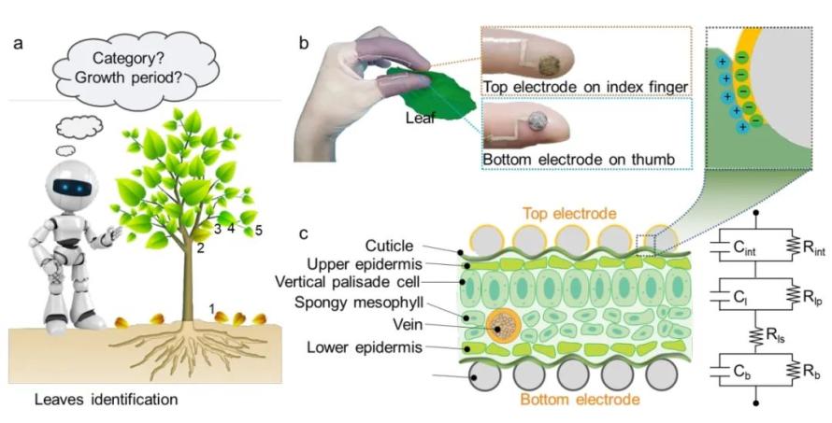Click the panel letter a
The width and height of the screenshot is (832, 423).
tap(19, 43)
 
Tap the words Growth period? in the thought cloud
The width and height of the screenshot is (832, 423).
tap(128, 78)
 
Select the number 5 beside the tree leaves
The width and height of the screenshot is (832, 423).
tap(258, 230)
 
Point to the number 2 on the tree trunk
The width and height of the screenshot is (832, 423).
tap(201, 247)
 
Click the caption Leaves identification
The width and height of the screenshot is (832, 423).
tap(107, 399)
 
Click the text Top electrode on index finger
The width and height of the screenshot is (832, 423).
tap(584, 87)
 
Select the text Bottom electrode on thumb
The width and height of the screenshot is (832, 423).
tap(579, 159)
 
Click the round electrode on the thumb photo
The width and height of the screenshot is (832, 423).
tap(536, 122)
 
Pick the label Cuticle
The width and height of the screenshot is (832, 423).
tap(389, 246)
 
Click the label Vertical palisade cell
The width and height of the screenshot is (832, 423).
tap(348, 282)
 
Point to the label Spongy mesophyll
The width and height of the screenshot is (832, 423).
tap(359, 303)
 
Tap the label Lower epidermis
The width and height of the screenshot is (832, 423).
tap(365, 347)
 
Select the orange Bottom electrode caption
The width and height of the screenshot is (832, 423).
tap(580, 399)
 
